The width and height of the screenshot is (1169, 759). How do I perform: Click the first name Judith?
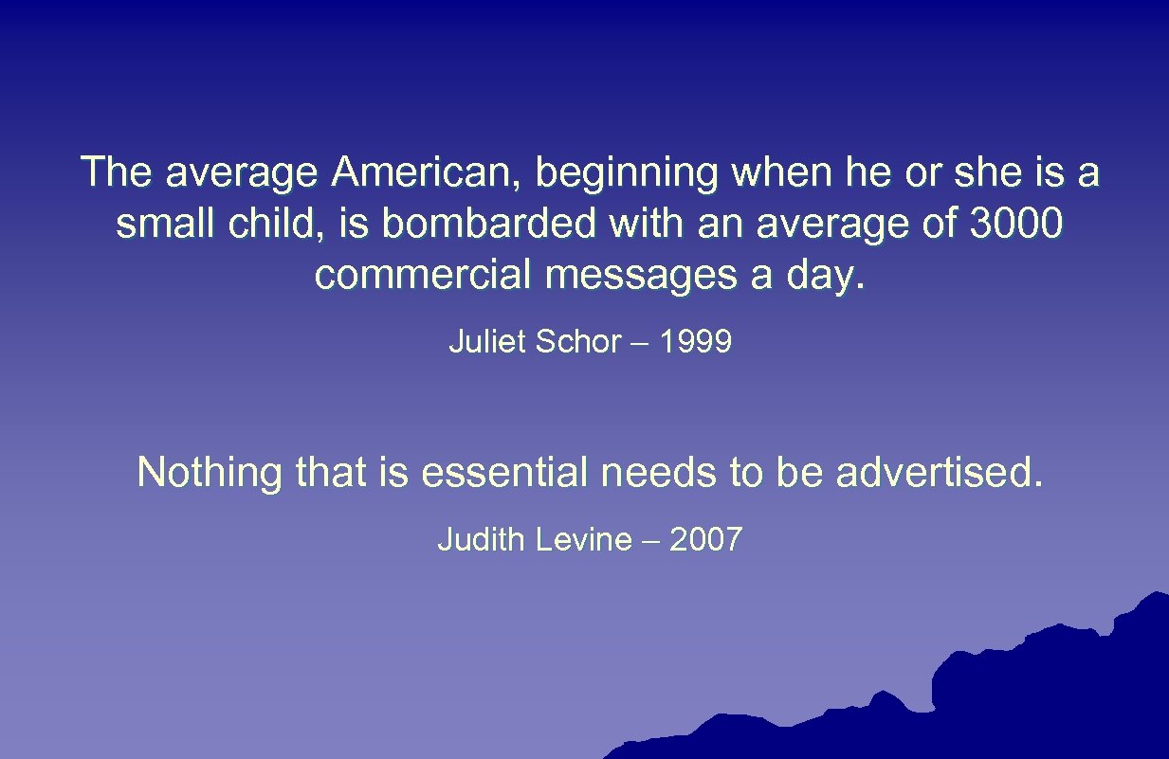point(482,540)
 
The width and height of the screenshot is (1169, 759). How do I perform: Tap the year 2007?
point(705,540)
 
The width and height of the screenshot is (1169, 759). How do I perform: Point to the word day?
point(832,278)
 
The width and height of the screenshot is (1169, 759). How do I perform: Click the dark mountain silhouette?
point(1043,692)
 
